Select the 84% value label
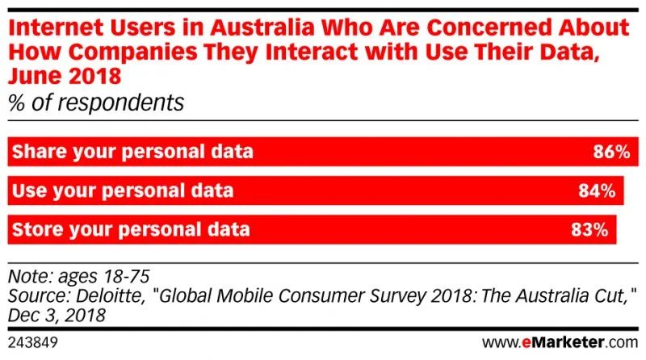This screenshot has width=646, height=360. click(x=598, y=191)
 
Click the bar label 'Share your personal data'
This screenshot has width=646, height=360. click(x=134, y=152)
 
